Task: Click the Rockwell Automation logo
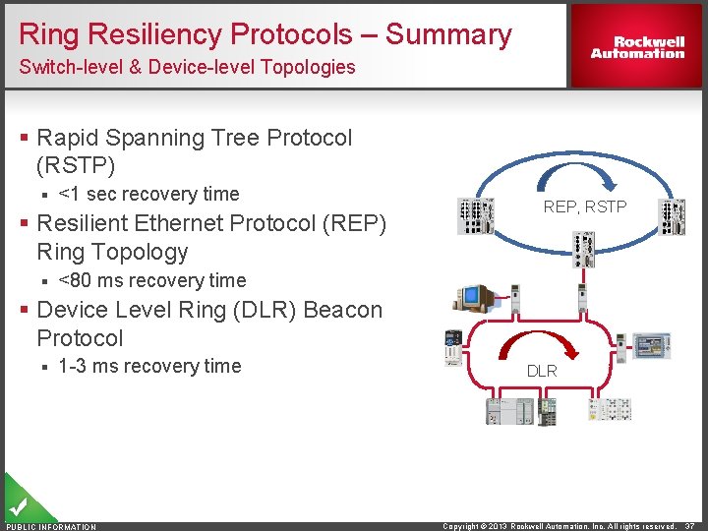pos(637,47)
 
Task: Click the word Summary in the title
pos(448,34)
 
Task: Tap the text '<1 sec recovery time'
pos(148,194)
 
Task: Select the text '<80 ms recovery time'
pos(152,280)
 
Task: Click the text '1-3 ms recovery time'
pos(149,366)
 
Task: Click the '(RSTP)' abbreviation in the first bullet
pos(76,165)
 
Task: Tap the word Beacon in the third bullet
pos(343,310)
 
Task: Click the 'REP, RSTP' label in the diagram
pos(584,206)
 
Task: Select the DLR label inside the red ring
pos(542,371)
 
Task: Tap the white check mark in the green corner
pos(17,506)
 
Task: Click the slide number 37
pos(690,526)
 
